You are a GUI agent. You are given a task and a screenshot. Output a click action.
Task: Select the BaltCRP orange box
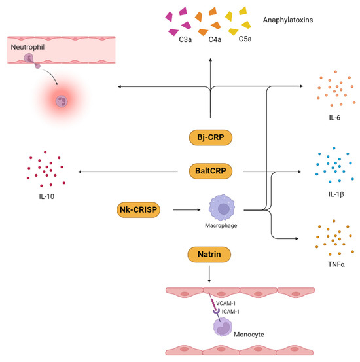click(x=210, y=172)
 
